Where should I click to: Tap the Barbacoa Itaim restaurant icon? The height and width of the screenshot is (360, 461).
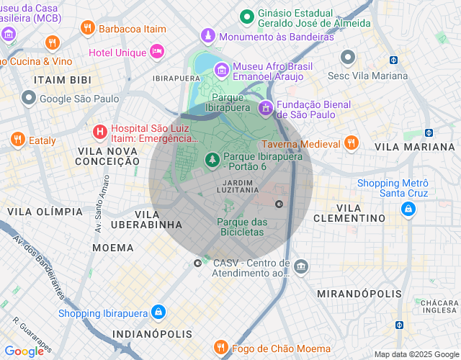[x=88, y=28]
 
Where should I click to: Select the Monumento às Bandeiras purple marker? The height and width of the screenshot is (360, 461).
[x=208, y=36]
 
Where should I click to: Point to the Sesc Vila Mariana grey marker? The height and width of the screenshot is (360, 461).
[x=349, y=57]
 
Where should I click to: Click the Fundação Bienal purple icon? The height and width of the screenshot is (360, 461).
[x=266, y=108]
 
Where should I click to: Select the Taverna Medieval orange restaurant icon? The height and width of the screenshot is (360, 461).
[x=351, y=142]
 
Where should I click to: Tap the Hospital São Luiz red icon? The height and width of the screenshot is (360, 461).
[x=101, y=132]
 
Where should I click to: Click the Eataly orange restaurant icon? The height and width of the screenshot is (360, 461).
[x=17, y=140]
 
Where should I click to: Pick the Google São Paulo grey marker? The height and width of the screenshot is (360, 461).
[x=29, y=98]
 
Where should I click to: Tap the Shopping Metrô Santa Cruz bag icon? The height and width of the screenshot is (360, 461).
[x=408, y=208]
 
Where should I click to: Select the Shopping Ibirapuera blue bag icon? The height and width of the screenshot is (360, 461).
[x=158, y=312]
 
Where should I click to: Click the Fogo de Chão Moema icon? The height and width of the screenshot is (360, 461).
[x=222, y=348]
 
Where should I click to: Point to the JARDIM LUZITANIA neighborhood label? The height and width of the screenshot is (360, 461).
[x=242, y=186]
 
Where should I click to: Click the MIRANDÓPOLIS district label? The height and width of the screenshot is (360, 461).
[x=359, y=294]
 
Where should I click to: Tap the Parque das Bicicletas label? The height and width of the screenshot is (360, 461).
[x=242, y=227]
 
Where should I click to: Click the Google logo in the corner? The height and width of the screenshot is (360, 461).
[x=24, y=351]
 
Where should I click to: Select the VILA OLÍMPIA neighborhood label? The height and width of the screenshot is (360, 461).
[x=45, y=212]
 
